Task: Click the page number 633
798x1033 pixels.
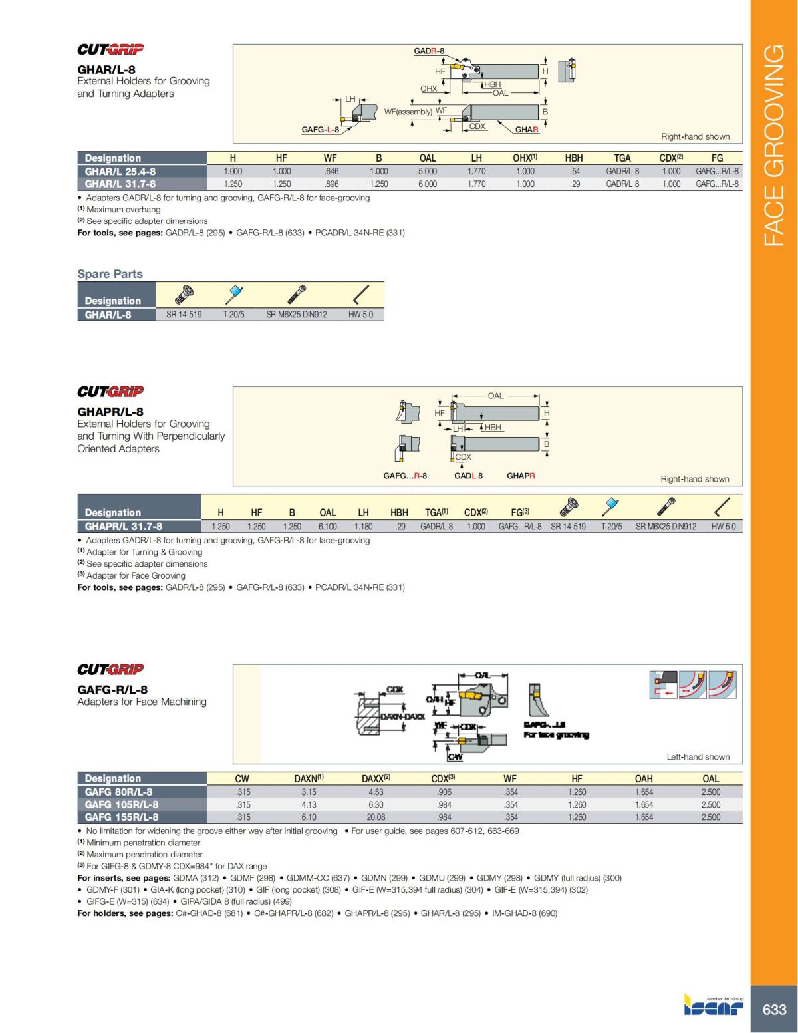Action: point(774,1010)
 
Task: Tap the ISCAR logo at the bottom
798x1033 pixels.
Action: point(714,1005)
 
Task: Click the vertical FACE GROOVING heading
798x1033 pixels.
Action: point(774,145)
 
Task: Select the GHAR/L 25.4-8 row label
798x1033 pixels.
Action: point(120,171)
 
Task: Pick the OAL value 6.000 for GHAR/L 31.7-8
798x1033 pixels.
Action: point(428,184)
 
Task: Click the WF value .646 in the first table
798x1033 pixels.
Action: point(331,171)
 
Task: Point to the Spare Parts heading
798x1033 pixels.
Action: point(110,274)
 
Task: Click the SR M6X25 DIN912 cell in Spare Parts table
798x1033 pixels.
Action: point(297,315)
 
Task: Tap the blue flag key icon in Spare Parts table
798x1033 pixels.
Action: point(234,293)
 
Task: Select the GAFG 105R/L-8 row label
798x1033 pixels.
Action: point(122,804)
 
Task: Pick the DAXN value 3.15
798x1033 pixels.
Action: point(309,792)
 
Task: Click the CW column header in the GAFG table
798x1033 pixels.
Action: point(242,778)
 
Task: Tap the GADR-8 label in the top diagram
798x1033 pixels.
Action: point(429,51)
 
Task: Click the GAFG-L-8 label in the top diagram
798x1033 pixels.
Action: point(320,130)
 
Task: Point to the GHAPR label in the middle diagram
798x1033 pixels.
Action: point(521,476)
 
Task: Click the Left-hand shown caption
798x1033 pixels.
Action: point(698,756)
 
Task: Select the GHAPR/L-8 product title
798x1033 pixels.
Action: point(110,412)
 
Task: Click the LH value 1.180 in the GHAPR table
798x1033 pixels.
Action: point(363,526)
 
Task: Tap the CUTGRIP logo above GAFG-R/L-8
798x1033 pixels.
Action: point(110,669)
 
